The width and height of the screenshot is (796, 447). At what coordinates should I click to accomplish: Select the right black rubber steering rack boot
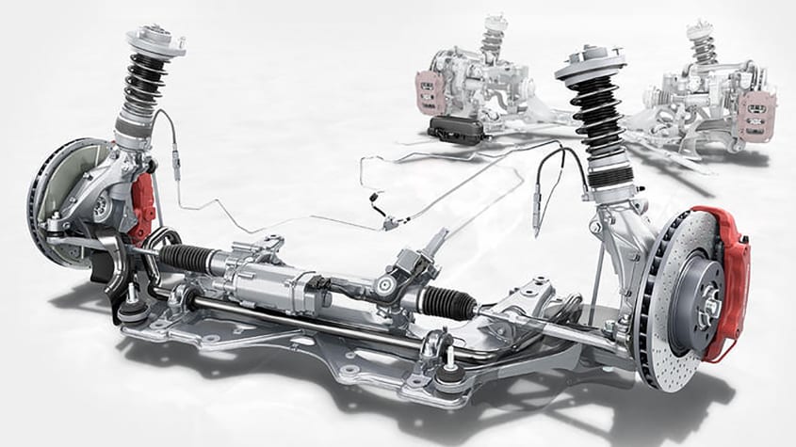pos(443,303)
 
